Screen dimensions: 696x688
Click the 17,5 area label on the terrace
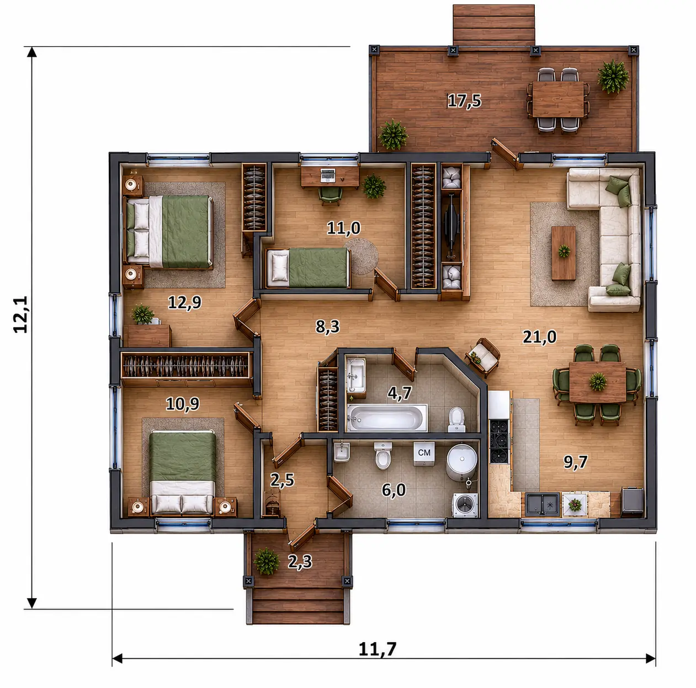click(x=464, y=101)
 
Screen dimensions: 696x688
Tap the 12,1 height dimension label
click(x=20, y=314)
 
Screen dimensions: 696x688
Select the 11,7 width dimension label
click(x=378, y=649)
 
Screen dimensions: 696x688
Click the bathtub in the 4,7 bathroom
click(x=387, y=418)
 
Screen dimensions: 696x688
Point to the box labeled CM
click(x=424, y=453)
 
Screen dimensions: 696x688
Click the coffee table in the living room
click(x=564, y=253)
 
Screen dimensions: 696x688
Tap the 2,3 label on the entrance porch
click(x=300, y=561)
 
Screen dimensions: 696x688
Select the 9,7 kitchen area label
click(x=575, y=462)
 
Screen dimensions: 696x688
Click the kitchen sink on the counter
click(x=543, y=504)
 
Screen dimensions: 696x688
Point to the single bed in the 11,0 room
click(x=308, y=268)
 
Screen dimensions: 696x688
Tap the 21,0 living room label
click(x=540, y=337)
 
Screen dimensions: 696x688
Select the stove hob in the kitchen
click(x=499, y=441)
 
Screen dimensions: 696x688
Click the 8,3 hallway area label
click(x=328, y=327)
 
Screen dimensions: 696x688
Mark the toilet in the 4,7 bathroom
click(x=457, y=420)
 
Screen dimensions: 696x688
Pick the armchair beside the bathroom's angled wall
click(x=482, y=357)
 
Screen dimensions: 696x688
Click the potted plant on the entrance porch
click(x=266, y=561)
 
